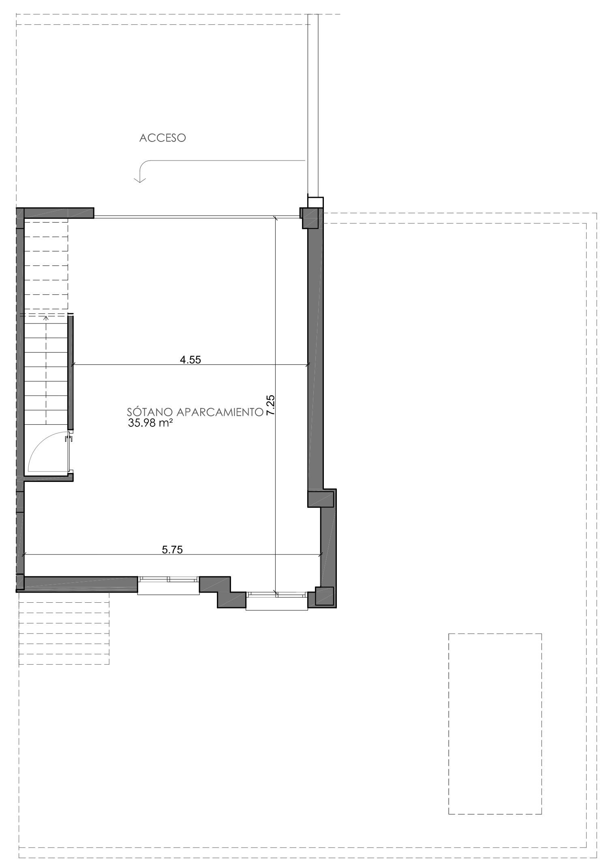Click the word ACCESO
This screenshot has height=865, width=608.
click(163, 138)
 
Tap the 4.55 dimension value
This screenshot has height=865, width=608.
click(191, 359)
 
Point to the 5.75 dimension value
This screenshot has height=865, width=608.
click(172, 549)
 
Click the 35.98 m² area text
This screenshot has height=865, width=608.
click(148, 424)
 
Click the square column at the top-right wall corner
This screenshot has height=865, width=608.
click(311, 217)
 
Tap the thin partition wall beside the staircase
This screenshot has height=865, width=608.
click(71, 372)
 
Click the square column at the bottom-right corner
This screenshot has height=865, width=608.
click(324, 596)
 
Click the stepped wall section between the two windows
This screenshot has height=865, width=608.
click(223, 592)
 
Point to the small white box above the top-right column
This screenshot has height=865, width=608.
click(316, 202)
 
